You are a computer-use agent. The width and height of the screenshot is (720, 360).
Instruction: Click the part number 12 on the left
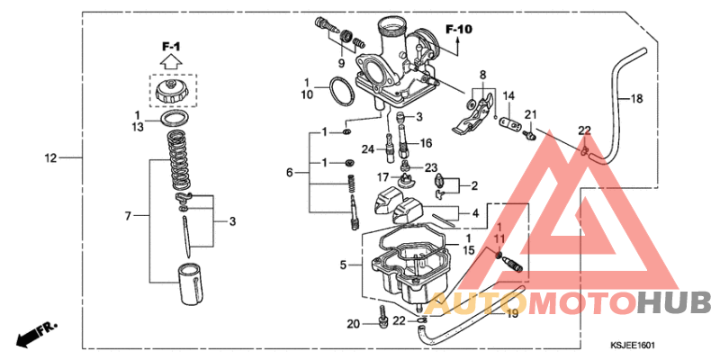point(51,158)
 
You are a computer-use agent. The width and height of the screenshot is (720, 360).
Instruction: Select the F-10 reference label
point(458,29)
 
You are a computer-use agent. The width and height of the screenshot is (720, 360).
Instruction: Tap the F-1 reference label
point(171,46)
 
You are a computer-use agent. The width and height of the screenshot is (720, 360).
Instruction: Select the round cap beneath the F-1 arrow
point(171,92)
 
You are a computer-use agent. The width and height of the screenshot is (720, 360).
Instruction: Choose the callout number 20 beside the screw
point(354,324)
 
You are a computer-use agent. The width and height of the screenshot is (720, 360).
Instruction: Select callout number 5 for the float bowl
point(343,265)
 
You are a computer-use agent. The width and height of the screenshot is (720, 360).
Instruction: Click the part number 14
point(508,96)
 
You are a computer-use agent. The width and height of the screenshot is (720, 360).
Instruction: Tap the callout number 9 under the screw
point(341,64)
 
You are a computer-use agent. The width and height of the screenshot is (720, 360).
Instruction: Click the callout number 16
point(426,142)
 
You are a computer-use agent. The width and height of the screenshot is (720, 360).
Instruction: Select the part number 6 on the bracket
point(290,172)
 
